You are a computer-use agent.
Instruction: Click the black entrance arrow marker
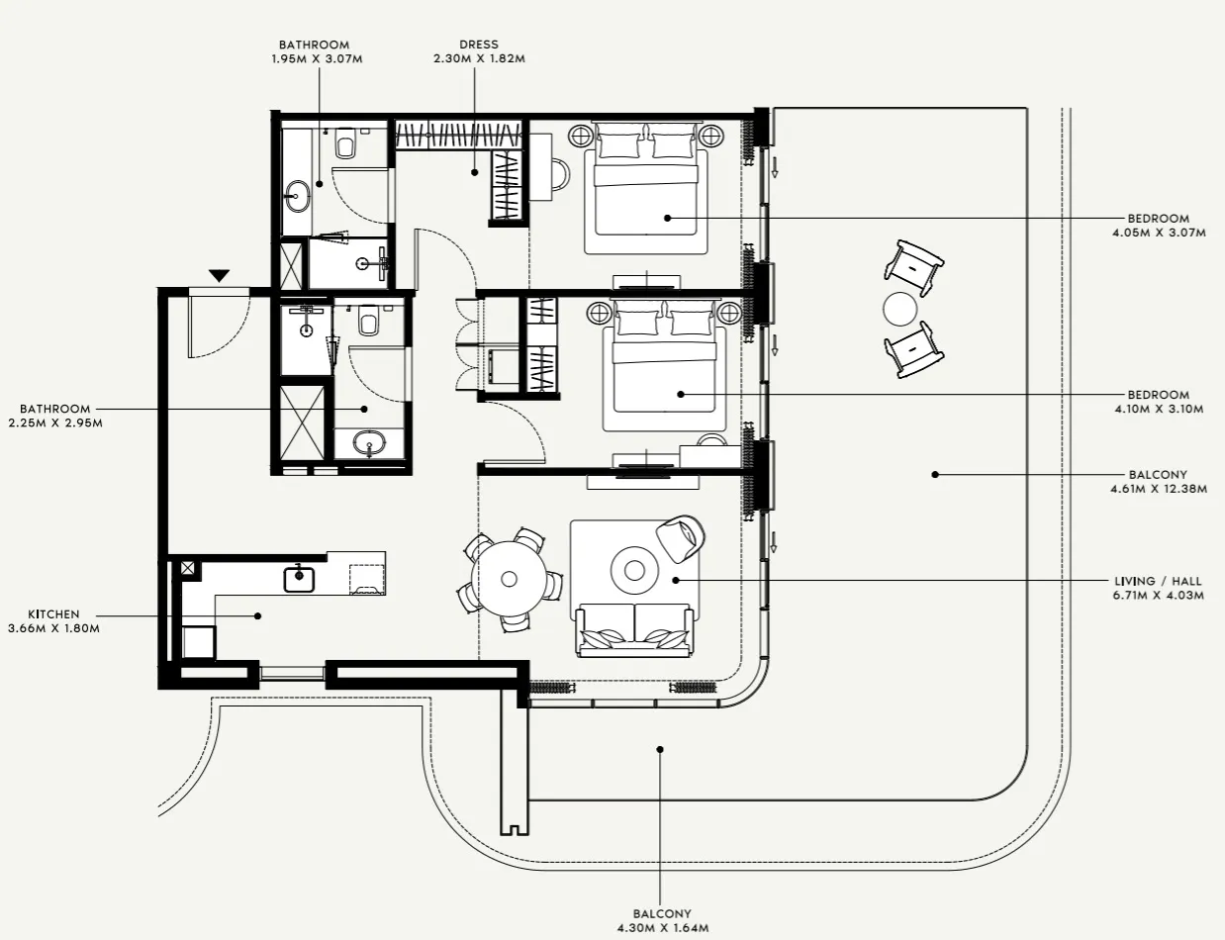click(x=219, y=275)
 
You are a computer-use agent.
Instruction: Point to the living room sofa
click(x=633, y=629)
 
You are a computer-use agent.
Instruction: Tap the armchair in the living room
click(x=681, y=537)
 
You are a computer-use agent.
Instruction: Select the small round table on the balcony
click(x=901, y=310)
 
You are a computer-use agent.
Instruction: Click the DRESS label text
click(x=478, y=45)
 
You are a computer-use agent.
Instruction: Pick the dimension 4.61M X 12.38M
click(x=1158, y=488)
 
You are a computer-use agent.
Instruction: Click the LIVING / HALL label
click(x=1158, y=582)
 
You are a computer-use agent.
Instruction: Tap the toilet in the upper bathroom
click(x=345, y=145)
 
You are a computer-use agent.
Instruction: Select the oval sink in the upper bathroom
click(x=297, y=196)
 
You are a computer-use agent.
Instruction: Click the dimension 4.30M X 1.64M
click(x=662, y=927)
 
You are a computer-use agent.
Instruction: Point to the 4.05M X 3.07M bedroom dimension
click(x=1158, y=233)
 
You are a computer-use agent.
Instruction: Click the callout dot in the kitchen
click(x=257, y=615)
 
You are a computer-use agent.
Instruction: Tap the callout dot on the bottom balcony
click(x=660, y=749)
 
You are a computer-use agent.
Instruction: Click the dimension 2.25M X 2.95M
click(x=54, y=423)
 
